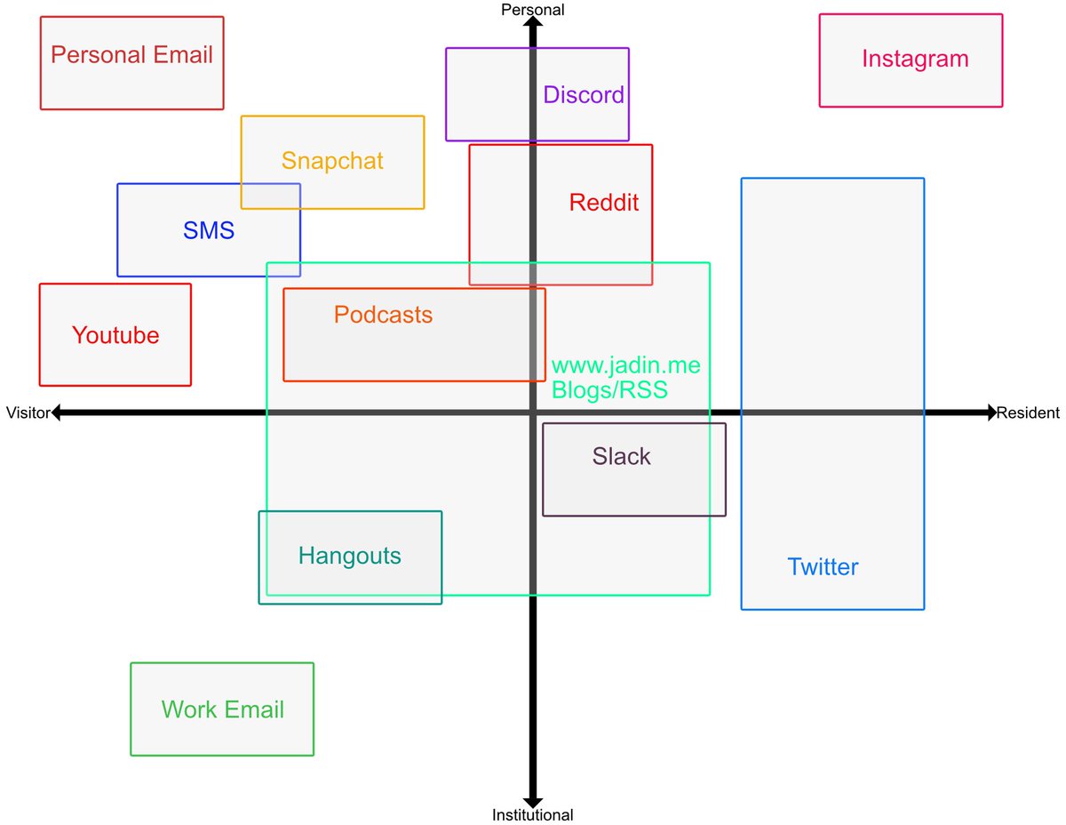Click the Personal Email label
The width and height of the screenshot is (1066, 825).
(x=131, y=55)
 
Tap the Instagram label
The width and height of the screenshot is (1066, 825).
(x=915, y=60)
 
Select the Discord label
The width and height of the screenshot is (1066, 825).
(x=584, y=95)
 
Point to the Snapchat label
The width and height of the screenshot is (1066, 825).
(x=332, y=161)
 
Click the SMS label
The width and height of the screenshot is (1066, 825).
(x=209, y=231)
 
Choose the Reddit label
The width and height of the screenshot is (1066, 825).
(x=604, y=203)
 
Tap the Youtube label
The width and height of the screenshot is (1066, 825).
(x=115, y=335)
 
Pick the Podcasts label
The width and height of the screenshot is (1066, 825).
(x=383, y=315)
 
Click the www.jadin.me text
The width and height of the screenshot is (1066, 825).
(x=625, y=365)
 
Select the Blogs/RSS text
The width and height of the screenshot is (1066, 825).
(x=609, y=389)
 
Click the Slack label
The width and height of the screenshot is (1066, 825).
(x=622, y=457)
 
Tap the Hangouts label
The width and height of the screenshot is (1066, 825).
(x=350, y=557)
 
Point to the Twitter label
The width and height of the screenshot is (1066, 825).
(x=823, y=567)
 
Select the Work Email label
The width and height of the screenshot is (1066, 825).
(x=223, y=710)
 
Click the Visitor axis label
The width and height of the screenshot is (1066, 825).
(x=27, y=412)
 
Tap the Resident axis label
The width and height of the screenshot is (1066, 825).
(x=1028, y=412)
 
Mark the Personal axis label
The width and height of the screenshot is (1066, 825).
(x=533, y=10)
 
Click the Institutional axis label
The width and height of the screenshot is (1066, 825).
(x=533, y=814)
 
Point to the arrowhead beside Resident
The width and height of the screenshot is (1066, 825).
(x=990, y=412)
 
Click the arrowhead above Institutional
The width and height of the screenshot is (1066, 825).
(x=533, y=799)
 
